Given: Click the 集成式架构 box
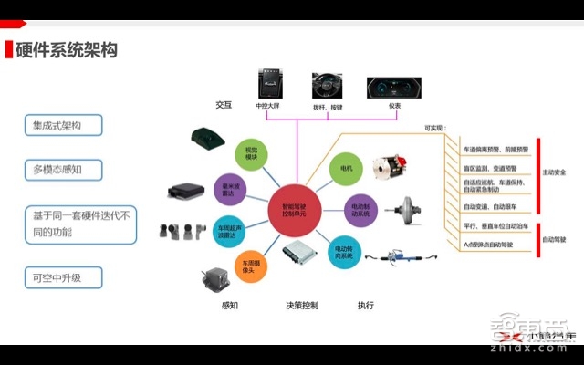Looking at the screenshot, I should (x=63, y=125).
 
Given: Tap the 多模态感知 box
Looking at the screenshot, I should (x=63, y=170).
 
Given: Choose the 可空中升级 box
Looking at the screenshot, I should (x=63, y=276).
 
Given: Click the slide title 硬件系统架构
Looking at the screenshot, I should (x=66, y=50).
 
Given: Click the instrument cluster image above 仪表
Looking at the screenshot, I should (x=393, y=88).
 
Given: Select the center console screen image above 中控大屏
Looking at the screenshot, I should (x=271, y=84).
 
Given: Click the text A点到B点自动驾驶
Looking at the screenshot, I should (x=489, y=245).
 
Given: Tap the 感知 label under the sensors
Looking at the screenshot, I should (x=229, y=305).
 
